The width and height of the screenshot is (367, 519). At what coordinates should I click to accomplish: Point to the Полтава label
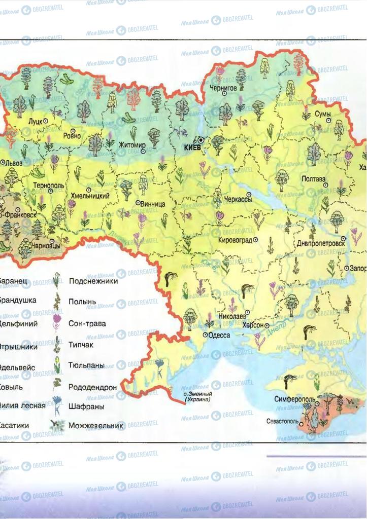pos(313,179)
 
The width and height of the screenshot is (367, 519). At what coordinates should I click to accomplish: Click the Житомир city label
pos(131,145)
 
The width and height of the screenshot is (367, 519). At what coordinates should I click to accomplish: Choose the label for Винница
pos(153,204)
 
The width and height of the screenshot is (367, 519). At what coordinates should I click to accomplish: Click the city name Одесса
pos(219,335)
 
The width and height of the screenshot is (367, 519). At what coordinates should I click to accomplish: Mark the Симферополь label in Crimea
pos(293,399)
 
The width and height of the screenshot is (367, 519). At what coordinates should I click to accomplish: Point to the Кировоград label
pos(236,240)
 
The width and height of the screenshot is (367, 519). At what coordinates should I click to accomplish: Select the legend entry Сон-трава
pos(87,323)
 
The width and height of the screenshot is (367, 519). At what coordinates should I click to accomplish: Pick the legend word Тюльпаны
pos(87,365)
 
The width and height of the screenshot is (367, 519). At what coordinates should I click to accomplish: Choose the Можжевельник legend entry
pos(96,426)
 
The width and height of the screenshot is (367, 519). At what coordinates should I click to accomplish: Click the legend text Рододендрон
pos(92,387)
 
